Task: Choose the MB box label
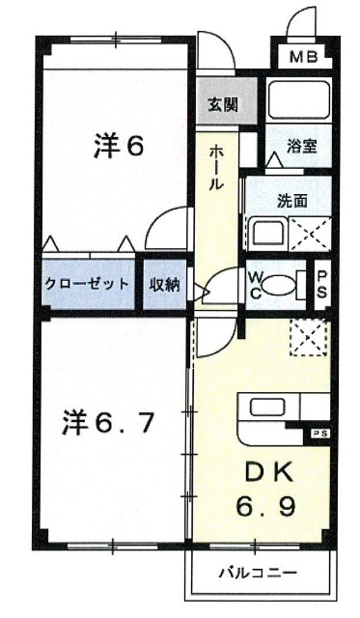(x=304, y=56)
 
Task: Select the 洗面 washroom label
(x=291, y=203)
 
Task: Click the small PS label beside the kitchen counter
(x=318, y=435)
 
